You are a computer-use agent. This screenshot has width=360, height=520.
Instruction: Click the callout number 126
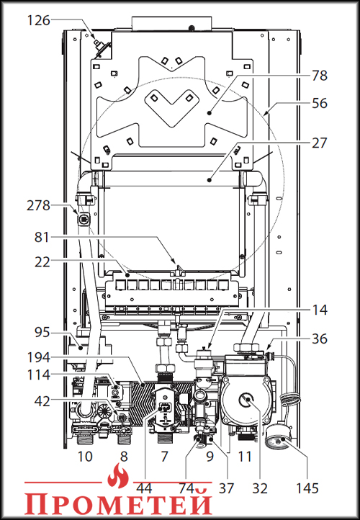[38, 21]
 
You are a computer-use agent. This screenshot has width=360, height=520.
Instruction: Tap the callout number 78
[319, 76]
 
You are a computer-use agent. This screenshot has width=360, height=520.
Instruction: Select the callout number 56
[319, 103]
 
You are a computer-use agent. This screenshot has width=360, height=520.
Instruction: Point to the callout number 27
[319, 143]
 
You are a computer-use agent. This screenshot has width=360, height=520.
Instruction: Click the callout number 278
[38, 205]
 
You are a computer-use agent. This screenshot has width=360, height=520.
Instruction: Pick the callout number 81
[42, 238]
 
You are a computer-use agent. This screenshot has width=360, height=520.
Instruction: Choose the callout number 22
[42, 262]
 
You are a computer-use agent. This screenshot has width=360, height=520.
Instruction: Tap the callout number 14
[320, 310]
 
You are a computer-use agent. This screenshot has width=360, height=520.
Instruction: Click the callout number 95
[42, 332]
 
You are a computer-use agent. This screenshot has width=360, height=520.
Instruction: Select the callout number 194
[38, 357]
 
